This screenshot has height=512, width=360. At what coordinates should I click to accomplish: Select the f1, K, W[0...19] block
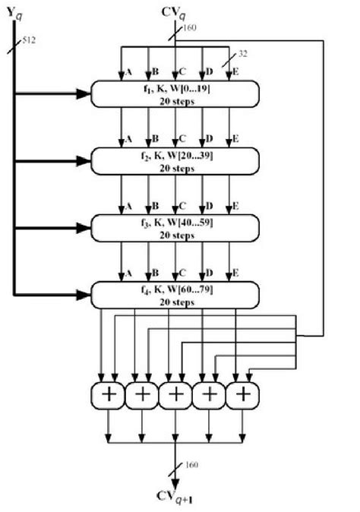click(x=175, y=94)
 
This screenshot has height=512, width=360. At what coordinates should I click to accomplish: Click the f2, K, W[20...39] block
click(x=175, y=160)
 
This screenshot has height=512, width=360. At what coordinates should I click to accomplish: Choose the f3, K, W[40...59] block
click(x=175, y=227)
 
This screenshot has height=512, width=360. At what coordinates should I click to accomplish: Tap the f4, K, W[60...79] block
click(x=175, y=293)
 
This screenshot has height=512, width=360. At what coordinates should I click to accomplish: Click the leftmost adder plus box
click(x=107, y=396)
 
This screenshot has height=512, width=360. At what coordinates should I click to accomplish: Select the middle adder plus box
click(x=175, y=396)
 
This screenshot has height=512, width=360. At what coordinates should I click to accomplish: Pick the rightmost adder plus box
click(x=242, y=396)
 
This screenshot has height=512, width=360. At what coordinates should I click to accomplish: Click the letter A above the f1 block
click(x=129, y=73)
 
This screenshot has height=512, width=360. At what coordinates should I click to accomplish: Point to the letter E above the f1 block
click(x=238, y=73)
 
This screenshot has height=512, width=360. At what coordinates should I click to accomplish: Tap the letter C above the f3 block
click(x=183, y=206)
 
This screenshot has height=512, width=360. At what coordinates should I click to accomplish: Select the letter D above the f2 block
click(x=210, y=139)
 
